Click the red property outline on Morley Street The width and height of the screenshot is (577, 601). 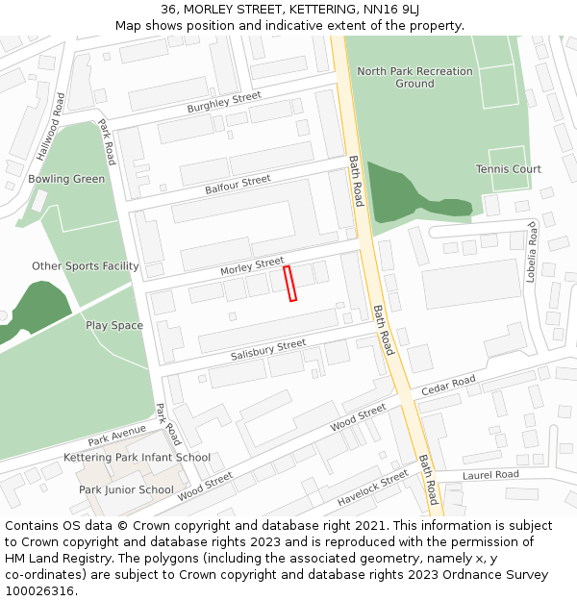pyautogui.click(x=290, y=284)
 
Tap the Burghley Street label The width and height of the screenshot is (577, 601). pyautogui.click(x=224, y=102)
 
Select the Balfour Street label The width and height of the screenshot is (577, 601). pyautogui.click(x=238, y=185)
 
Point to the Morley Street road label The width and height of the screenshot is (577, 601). pyautogui.click(x=252, y=266)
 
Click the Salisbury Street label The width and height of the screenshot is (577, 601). pyautogui.click(x=268, y=350)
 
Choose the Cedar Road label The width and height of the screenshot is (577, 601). pyautogui.click(x=448, y=386)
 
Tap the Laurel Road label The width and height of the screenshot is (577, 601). pyautogui.click(x=490, y=475)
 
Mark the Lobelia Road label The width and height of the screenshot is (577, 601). pyautogui.click(x=531, y=249)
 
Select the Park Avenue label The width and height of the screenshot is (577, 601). pyautogui.click(x=116, y=436)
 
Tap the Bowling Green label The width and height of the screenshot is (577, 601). pyautogui.click(x=66, y=179)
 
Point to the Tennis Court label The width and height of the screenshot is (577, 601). pyautogui.click(x=508, y=169)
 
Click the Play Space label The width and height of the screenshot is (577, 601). pyautogui.click(x=113, y=325)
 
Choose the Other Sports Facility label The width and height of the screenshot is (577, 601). pyautogui.click(x=85, y=266)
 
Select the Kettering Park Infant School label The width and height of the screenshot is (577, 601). pyautogui.click(x=137, y=458)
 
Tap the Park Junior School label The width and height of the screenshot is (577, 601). pyautogui.click(x=126, y=489)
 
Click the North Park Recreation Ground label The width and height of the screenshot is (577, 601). pyautogui.click(x=414, y=77)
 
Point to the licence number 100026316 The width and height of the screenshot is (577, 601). pyautogui.click(x=39, y=591)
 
